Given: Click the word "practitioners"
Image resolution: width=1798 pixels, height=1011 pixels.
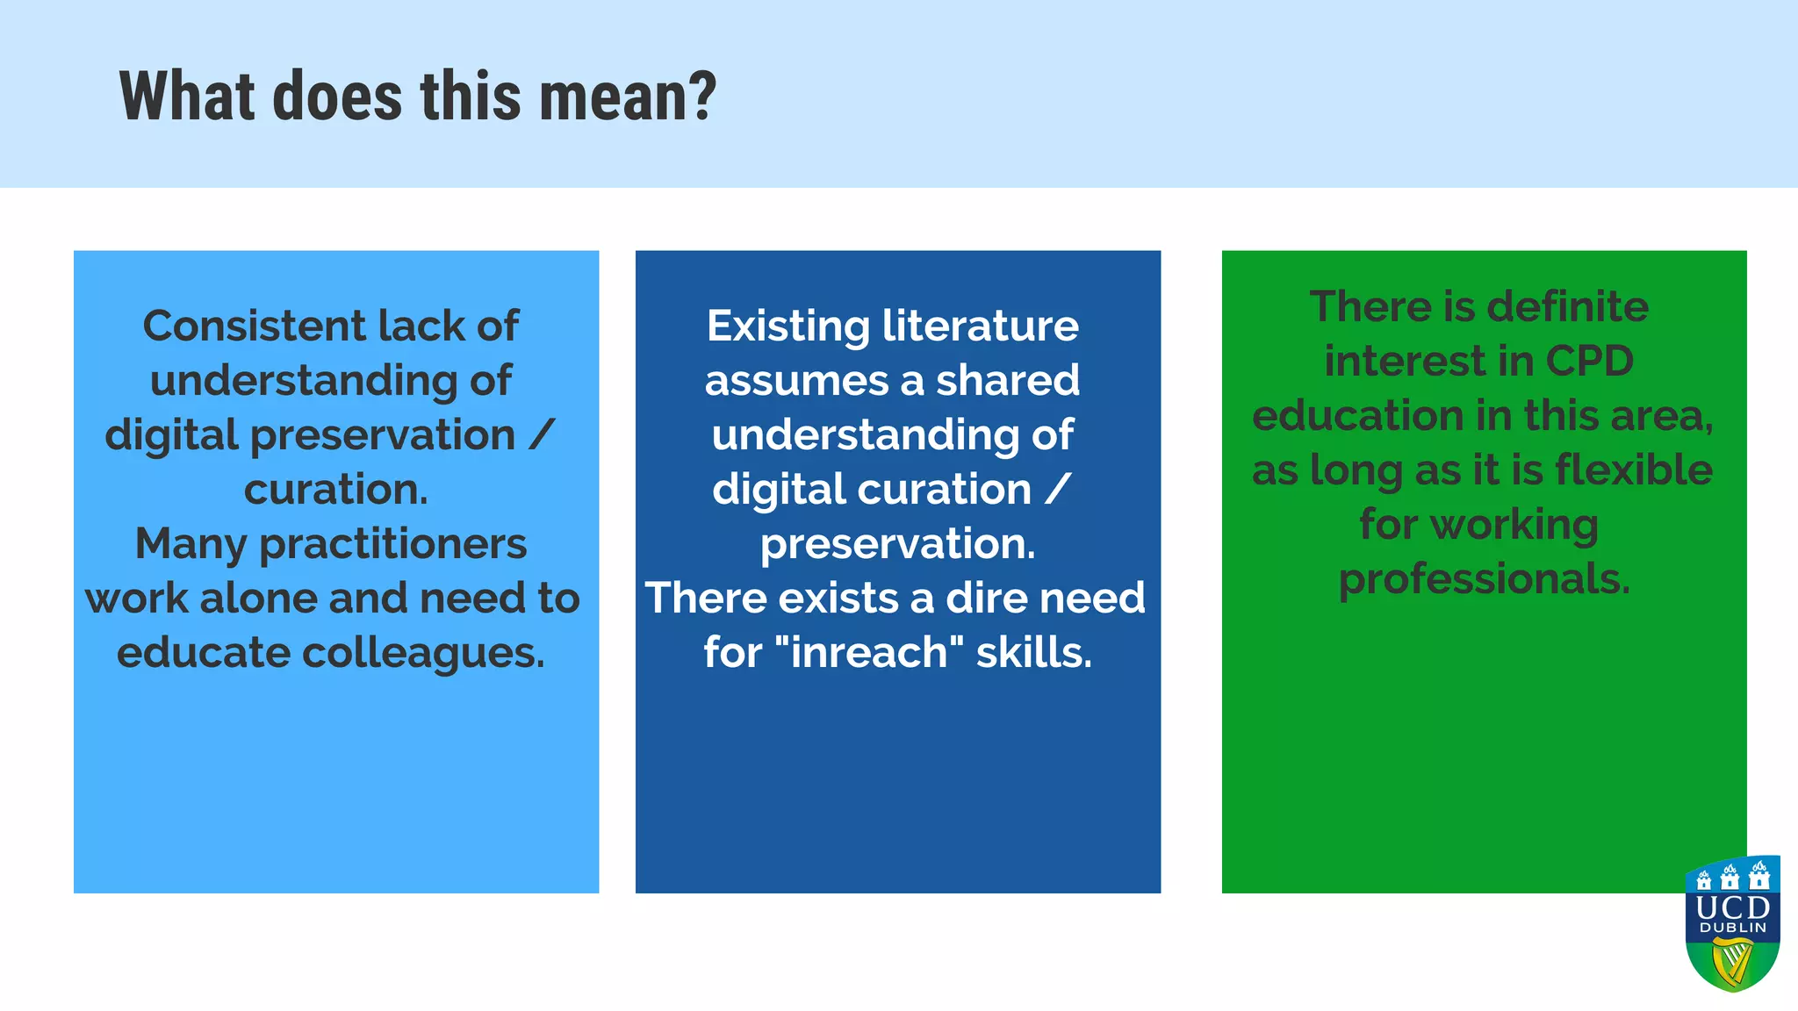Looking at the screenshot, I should pos(393,544).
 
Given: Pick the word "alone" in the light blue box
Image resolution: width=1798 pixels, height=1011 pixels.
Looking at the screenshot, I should pos(259,599).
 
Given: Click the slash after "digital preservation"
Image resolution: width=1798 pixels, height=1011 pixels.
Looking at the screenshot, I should pos(543,435).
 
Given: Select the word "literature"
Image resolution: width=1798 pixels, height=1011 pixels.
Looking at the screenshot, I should pos(980,326).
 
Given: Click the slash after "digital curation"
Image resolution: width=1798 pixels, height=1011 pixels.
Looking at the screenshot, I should pos(1058,490).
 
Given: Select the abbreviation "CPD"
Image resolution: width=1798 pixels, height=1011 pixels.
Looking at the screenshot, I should pos(1589,362).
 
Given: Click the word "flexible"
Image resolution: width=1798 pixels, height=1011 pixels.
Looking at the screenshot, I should pos(1634,470).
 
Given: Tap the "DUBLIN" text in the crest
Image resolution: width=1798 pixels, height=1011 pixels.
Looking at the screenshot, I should pos(1733,928).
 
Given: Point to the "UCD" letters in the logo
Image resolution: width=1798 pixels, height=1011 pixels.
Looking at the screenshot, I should pos(1733,907).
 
